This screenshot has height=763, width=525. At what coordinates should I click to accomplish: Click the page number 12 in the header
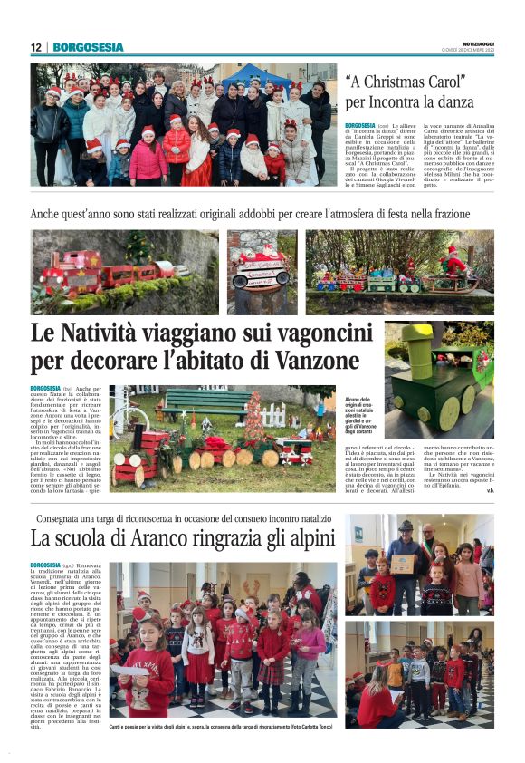pos(35,47)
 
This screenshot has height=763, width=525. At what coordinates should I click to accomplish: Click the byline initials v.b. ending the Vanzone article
pos(490,490)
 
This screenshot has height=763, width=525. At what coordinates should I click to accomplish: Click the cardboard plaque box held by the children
pos(403,564)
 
